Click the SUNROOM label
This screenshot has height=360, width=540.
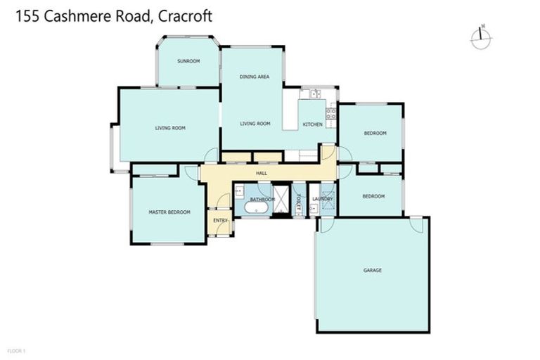(x=188, y=61)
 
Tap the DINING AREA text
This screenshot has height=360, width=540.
(x=255, y=77)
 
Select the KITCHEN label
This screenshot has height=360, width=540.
(x=313, y=124)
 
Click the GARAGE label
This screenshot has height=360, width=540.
(x=373, y=270)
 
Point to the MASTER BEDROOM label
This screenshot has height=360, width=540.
(x=169, y=212)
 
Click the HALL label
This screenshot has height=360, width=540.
(x=262, y=172)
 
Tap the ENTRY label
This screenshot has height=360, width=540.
(x=221, y=221)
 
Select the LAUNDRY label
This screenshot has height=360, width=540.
(x=323, y=199)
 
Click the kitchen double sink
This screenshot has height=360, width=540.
(x=310, y=94)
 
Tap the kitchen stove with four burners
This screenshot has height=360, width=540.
(x=331, y=112)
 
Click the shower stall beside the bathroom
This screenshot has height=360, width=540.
(x=281, y=199)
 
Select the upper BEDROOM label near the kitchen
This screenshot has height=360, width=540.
(x=375, y=133)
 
